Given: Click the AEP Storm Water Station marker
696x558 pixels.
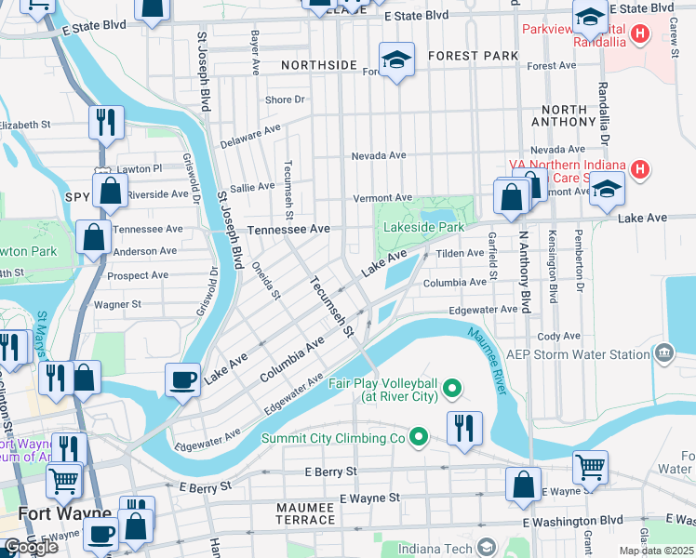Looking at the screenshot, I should click(663, 353).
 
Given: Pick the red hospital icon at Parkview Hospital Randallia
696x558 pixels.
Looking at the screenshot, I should click(640, 35).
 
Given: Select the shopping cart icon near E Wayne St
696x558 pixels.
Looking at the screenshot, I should click(590, 467).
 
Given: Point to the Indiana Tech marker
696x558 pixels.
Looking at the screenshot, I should click(484, 547).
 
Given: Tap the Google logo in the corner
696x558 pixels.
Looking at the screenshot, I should click(31, 547).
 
